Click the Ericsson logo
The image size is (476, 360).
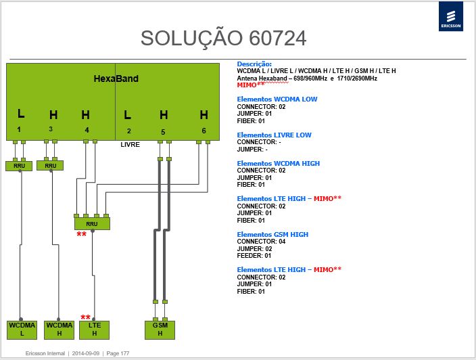451,16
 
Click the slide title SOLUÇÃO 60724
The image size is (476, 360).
223,39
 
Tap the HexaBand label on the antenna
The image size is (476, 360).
116,78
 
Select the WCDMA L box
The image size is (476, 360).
22,330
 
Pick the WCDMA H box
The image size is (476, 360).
59,330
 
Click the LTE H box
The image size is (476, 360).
95,330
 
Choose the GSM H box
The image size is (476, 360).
160,330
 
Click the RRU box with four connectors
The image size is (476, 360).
92,223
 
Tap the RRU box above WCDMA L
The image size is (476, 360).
19,166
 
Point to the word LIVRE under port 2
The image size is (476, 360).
130,145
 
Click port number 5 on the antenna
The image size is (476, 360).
163,132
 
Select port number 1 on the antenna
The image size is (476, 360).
19,129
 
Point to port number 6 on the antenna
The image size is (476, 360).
204,131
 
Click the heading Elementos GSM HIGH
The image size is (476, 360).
272,235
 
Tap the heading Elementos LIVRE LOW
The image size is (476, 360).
274,135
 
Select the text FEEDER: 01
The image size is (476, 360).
254,256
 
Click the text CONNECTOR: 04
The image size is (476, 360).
261,242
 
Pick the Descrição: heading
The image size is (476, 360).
254,64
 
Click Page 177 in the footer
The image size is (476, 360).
118,353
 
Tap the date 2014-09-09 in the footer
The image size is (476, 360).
86,353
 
